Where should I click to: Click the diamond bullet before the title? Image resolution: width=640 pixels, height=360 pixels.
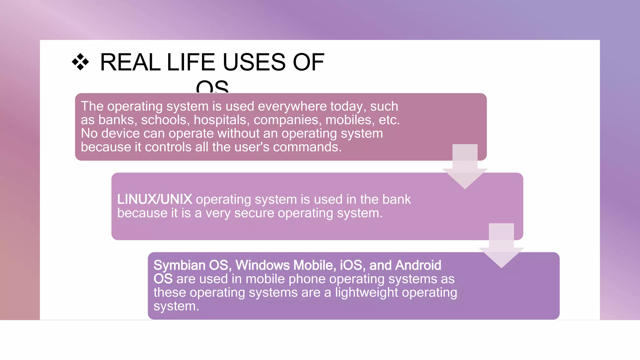pyautogui.click(x=80, y=62)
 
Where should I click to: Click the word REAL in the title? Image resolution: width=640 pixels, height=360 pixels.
pyautogui.click(x=130, y=62)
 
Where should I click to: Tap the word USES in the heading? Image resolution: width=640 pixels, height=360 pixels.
pyautogui.click(x=254, y=62)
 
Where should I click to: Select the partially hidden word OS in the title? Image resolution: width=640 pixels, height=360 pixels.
pyautogui.click(x=212, y=87)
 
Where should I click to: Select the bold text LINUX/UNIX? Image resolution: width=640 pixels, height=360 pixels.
pyautogui.click(x=155, y=199)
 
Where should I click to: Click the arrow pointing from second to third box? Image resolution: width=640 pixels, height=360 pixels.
pyautogui.click(x=501, y=246)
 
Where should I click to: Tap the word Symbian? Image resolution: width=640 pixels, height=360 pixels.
pyautogui.click(x=179, y=265)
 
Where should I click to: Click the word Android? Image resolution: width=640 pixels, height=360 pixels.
pyautogui.click(x=418, y=265)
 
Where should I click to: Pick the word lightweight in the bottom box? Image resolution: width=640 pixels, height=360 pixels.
pyautogui.click(x=367, y=292)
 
